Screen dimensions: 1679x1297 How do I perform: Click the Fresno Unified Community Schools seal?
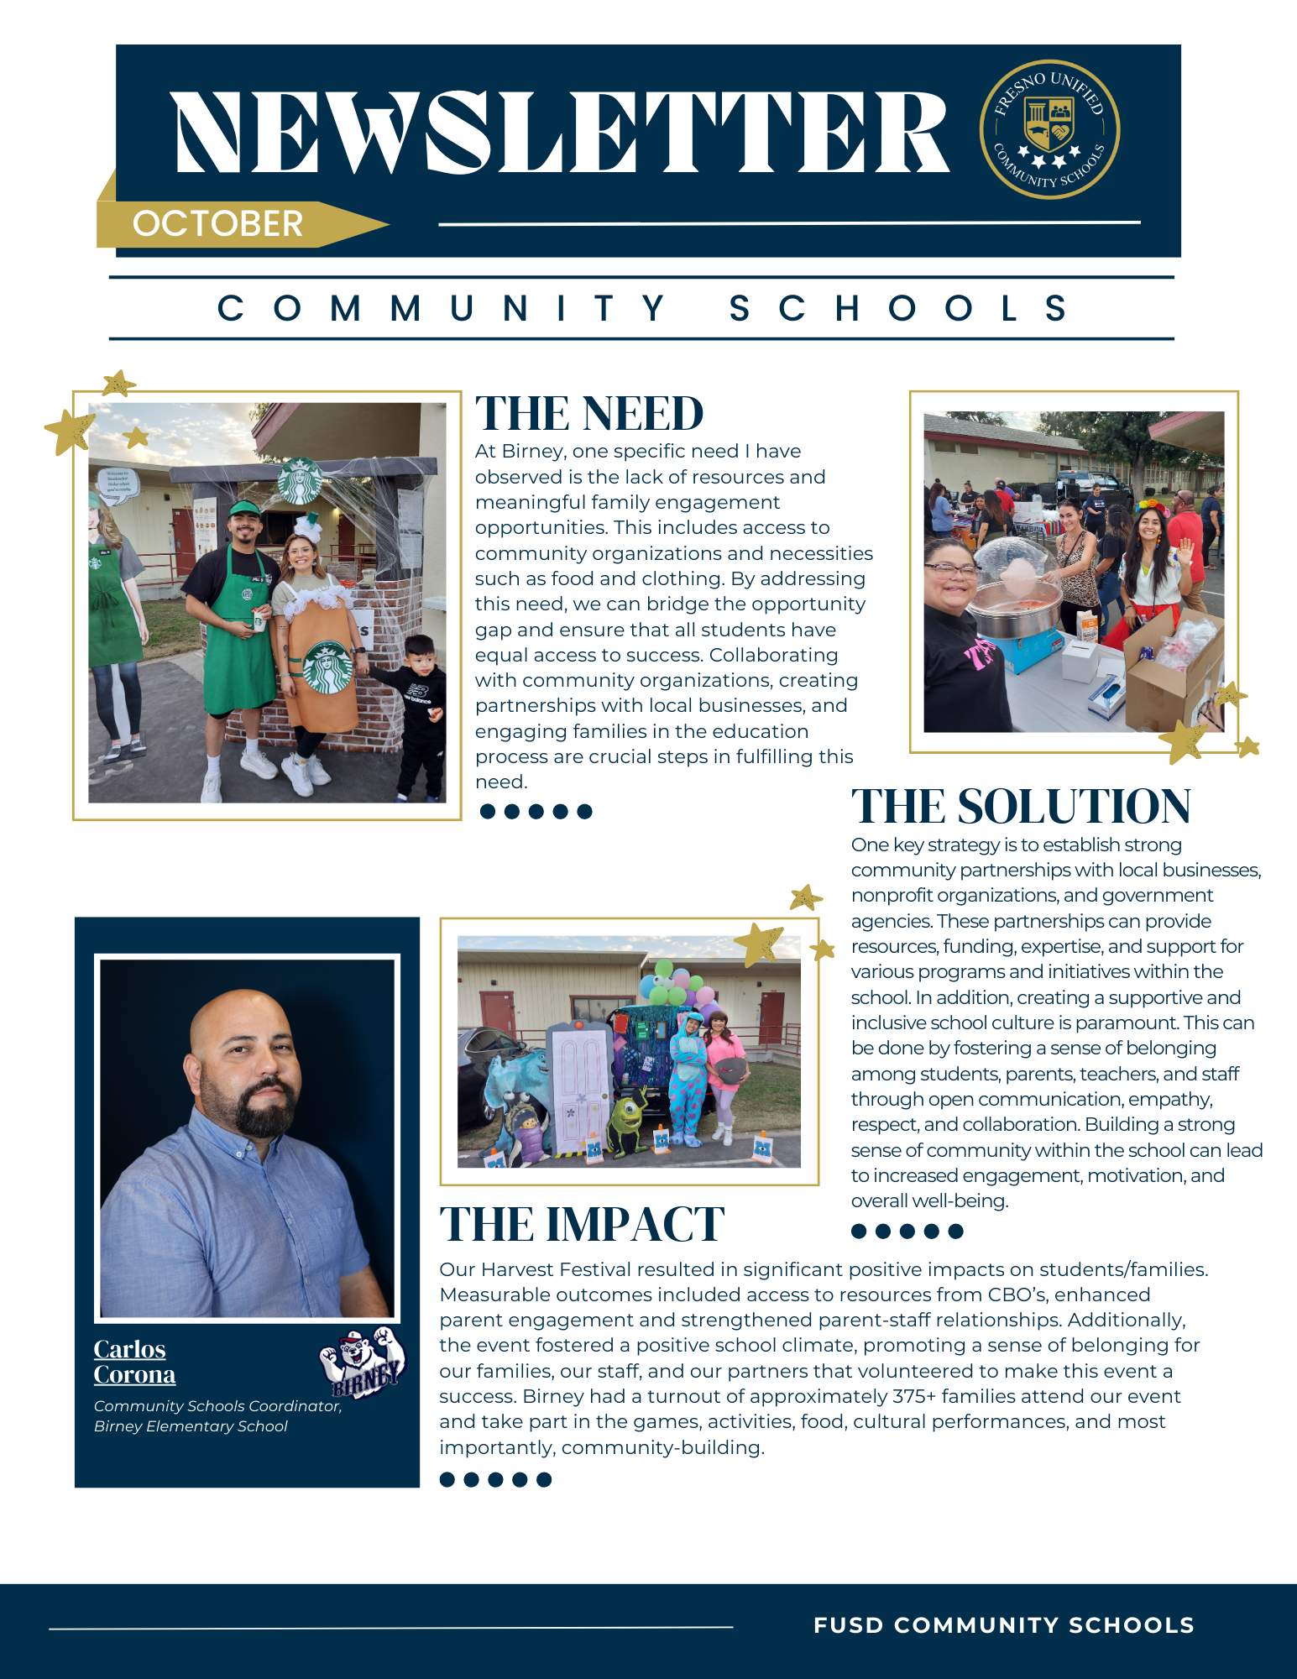(x=1049, y=129)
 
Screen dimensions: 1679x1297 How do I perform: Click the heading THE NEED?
(x=589, y=414)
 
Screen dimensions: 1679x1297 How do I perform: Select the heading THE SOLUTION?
(x=1021, y=807)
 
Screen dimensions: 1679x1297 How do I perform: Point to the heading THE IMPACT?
(x=582, y=1224)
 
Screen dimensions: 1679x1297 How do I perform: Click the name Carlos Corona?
(x=134, y=1362)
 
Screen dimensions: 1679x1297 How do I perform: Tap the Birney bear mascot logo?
(x=363, y=1362)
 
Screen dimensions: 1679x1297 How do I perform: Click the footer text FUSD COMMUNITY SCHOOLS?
(x=1003, y=1625)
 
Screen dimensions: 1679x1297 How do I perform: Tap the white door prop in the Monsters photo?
(x=580, y=1087)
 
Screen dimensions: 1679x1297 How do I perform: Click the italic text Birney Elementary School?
(x=191, y=1426)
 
